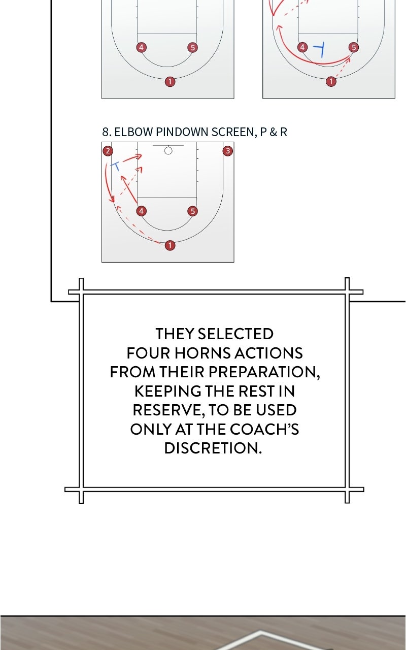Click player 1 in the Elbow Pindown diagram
(170, 245)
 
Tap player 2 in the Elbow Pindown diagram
(108, 151)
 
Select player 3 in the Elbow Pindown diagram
(228, 151)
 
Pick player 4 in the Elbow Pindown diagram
(141, 211)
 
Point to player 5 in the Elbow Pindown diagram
(192, 211)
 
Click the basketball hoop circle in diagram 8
(168, 151)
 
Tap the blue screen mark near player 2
(115, 166)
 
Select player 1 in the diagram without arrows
(170, 82)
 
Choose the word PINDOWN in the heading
(182, 132)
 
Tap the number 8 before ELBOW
(106, 132)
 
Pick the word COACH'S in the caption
(264, 429)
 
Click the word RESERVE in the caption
(167, 410)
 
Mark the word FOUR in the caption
(148, 353)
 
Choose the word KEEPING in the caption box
(167, 391)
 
